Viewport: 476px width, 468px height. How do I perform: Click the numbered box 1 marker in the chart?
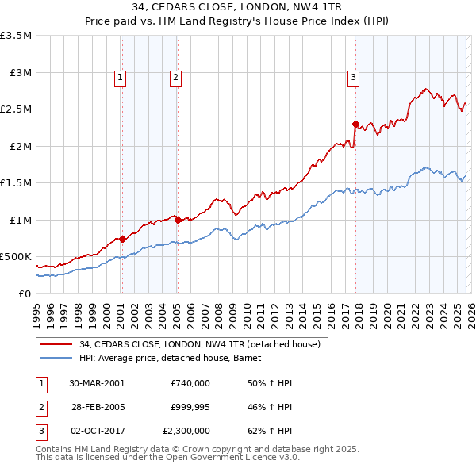click(120, 77)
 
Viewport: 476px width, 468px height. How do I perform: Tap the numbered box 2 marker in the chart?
click(175, 77)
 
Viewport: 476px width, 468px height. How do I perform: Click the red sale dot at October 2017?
click(355, 124)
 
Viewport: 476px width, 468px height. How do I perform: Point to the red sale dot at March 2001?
click(122, 239)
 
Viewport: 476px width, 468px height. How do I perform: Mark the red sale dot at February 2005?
click(177, 220)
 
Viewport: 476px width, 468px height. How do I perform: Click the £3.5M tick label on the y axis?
click(17, 36)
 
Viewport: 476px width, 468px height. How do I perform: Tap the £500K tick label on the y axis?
click(17, 257)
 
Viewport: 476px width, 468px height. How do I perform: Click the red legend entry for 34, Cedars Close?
click(199, 344)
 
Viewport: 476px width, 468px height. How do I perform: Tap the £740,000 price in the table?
click(190, 383)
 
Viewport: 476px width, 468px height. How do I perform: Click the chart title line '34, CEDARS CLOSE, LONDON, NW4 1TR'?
click(238, 10)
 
